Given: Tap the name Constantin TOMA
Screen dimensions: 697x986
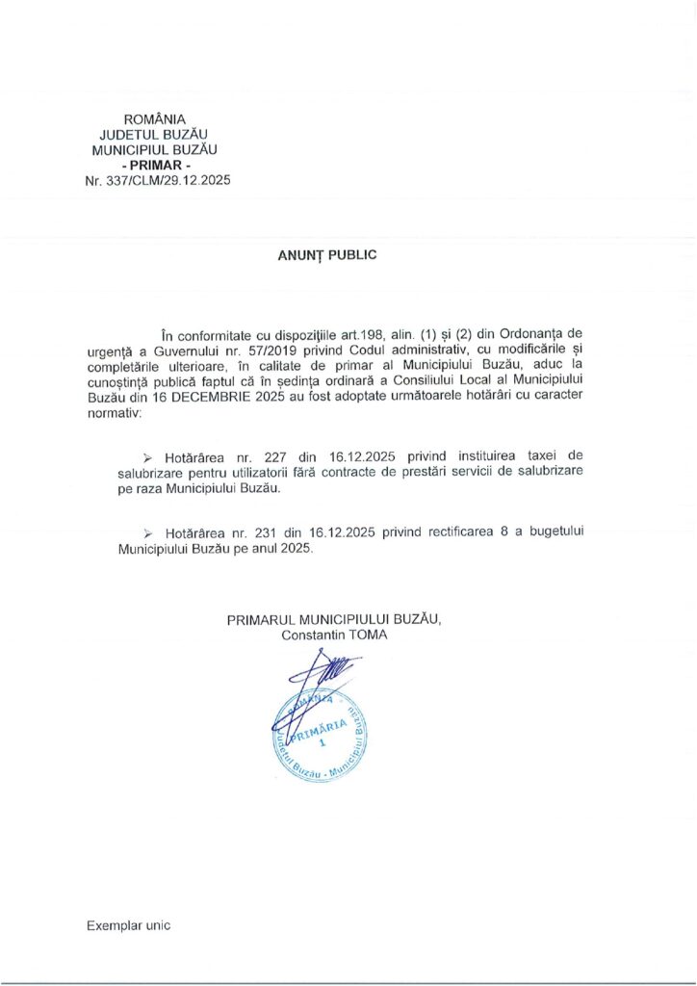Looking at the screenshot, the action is (334, 636).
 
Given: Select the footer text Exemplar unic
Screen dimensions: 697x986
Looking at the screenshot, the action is (128, 925).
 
